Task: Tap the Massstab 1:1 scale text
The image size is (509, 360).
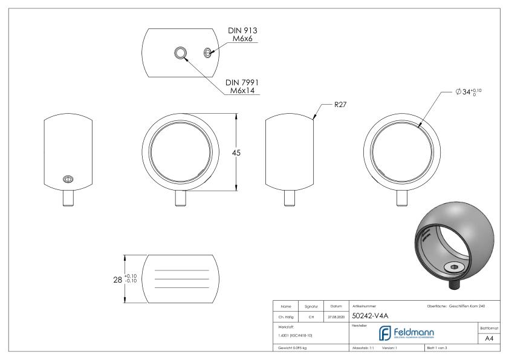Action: [x=365, y=348]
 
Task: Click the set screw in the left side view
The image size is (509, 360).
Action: [x=68, y=178]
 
